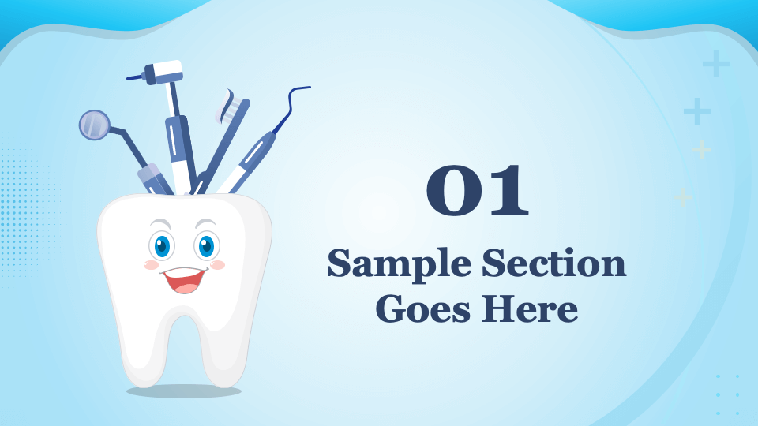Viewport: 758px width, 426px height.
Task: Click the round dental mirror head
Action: tap(94, 125)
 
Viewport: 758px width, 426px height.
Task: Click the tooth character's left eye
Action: tap(163, 245)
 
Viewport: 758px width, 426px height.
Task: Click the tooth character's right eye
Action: tap(206, 245)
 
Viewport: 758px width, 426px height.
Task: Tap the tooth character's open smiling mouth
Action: tap(185, 279)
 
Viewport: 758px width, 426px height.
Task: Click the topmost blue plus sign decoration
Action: tap(715, 63)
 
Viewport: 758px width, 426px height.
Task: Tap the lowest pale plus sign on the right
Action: tap(683, 196)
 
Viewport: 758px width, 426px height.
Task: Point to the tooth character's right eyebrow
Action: tap(205, 223)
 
